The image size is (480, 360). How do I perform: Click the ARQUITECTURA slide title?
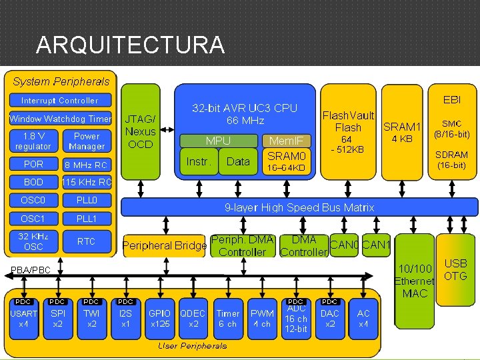pos(130,45)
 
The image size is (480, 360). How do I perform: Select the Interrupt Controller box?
pos(60,101)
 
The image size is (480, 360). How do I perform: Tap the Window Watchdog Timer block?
pos(60,119)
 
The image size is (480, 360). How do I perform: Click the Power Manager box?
pos(87,141)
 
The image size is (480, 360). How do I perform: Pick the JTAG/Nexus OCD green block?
pos(141,132)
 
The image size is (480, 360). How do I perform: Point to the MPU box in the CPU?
pos(218,141)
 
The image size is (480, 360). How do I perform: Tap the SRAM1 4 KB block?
pos(403,132)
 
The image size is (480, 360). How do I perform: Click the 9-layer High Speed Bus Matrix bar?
pos(299,207)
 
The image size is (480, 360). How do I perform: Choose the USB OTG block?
pos(455,270)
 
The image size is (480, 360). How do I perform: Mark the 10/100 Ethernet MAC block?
pos(415,281)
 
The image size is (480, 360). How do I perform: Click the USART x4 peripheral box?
pos(24,319)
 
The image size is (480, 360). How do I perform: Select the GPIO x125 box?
pos(160,319)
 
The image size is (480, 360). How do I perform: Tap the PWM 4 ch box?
pos(262,319)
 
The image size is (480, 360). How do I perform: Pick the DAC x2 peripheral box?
pos(330,319)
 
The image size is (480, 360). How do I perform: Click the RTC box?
pos(87,241)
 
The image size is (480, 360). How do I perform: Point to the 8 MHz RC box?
pos(86,164)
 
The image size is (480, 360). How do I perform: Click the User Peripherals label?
pos(192,346)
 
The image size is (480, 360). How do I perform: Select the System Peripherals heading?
pos(61,81)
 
